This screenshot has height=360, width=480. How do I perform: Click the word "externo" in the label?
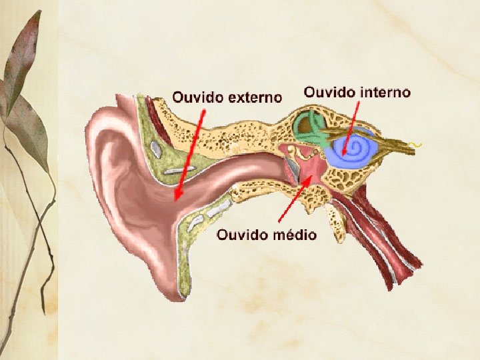[x=255, y=97]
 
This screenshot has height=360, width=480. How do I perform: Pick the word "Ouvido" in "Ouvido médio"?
[x=240, y=235]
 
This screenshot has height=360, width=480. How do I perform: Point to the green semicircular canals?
[x=310, y=127]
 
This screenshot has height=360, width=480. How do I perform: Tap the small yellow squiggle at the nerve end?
[x=416, y=144]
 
